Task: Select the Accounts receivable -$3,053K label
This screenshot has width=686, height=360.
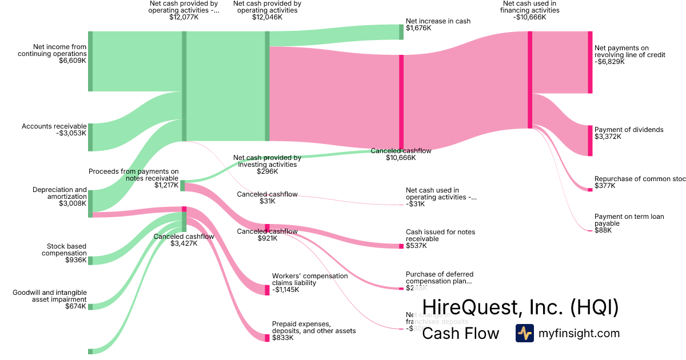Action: (x=54, y=130)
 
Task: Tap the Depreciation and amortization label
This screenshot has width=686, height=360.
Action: (x=59, y=196)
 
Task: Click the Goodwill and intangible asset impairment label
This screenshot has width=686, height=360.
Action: (x=50, y=299)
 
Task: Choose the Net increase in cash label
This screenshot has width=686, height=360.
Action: (x=438, y=25)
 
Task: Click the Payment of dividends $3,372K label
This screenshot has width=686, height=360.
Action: (x=621, y=133)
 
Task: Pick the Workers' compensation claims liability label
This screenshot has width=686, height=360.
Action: (x=309, y=283)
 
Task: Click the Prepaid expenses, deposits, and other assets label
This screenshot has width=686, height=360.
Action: (x=314, y=331)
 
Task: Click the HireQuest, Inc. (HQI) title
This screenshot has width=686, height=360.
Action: (x=520, y=308)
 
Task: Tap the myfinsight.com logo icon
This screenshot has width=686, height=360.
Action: (x=524, y=333)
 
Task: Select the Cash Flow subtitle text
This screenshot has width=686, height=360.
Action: (x=460, y=334)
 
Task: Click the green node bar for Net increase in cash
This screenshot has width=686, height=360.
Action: (x=401, y=32)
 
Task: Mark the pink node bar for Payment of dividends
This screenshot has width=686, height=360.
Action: (x=590, y=141)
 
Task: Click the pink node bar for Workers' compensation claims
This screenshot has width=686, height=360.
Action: (x=267, y=290)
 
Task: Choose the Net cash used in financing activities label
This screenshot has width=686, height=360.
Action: (x=530, y=10)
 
